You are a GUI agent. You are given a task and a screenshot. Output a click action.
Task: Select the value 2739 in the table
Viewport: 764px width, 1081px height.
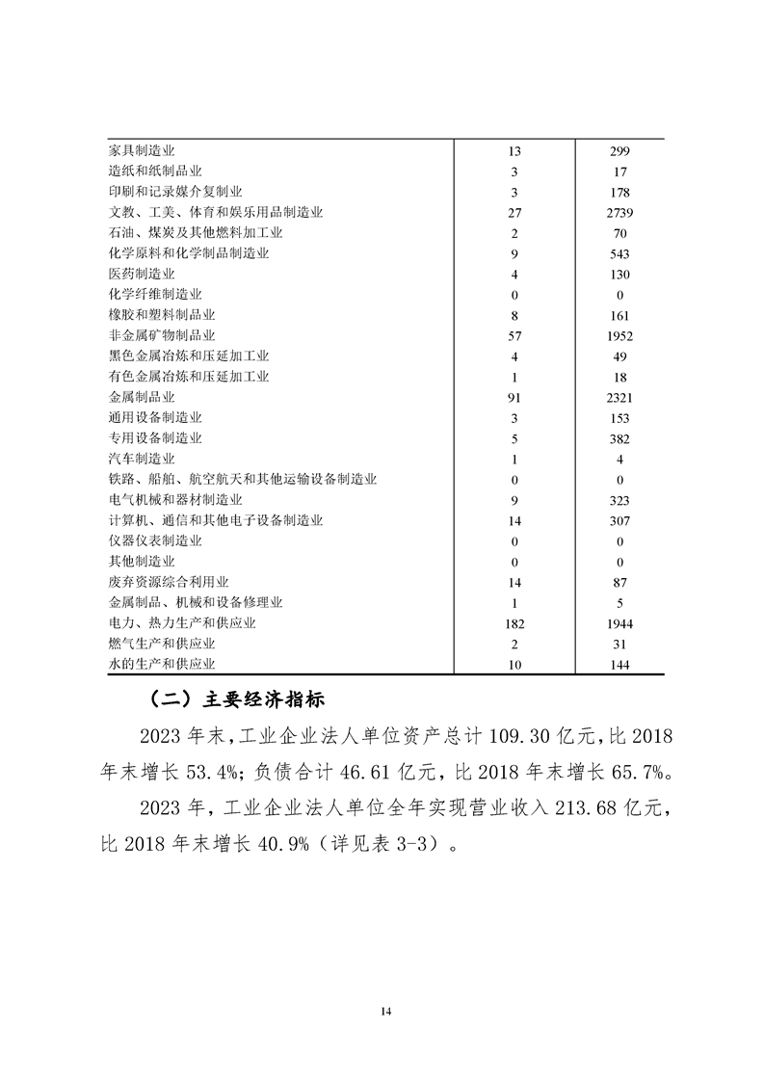619,212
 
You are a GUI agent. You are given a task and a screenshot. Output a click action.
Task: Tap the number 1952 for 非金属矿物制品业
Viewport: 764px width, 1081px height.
619,335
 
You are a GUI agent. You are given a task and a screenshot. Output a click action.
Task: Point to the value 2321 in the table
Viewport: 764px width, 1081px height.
619,397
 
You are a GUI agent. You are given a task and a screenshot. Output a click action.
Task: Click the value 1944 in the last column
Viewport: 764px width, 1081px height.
619,623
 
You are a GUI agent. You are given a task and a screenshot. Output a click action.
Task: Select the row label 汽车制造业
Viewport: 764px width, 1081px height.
142,459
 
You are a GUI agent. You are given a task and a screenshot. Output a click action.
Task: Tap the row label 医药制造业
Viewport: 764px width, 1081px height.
142,274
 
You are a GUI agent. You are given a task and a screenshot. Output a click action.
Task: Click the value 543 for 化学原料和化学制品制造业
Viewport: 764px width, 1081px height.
619,253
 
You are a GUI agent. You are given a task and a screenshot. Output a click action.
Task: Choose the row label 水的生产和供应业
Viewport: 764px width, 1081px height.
162,665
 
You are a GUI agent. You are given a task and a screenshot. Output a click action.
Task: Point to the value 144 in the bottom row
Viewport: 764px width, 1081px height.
619,665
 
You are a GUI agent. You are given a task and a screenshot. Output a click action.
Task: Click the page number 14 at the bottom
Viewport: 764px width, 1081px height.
385,1011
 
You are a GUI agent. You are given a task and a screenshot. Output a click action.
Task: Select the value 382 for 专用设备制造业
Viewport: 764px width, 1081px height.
619,438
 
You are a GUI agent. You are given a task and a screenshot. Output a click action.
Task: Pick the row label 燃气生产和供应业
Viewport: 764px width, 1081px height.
162,644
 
